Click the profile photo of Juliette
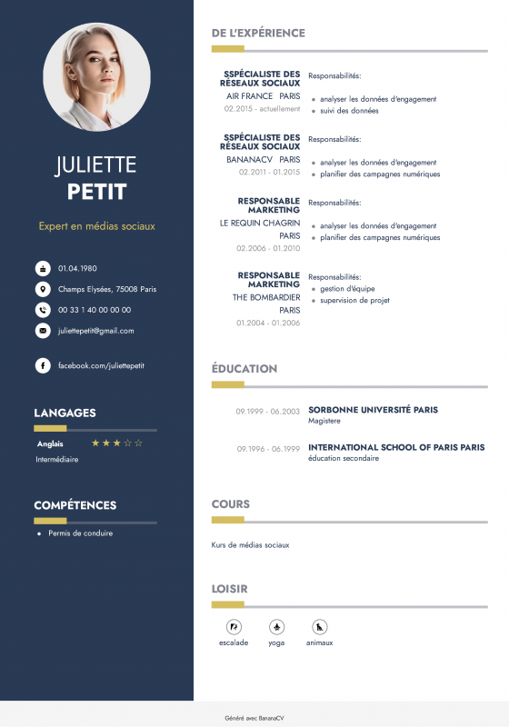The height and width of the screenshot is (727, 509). coord(96,77)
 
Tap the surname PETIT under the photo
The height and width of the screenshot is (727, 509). coord(96,192)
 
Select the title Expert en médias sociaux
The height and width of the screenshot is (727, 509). coord(96,225)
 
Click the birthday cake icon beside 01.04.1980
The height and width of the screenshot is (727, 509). coord(43,268)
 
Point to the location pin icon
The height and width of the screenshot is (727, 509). coord(43,289)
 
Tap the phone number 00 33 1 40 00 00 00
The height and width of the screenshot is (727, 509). coord(95,310)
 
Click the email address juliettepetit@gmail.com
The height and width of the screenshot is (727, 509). coord(95,331)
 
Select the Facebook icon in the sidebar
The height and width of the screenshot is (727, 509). coord(43,365)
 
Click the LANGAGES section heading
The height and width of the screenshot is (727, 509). coord(65,413)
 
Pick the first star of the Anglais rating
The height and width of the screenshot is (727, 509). coord(95,443)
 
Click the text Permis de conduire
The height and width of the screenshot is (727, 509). coord(81,533)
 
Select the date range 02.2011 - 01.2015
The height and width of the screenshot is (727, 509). coord(269,172)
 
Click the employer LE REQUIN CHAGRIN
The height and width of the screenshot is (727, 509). coord(260,223)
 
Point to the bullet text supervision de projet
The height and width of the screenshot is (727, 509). coord(354,300)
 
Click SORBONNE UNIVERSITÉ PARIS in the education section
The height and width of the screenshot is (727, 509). coord(373,410)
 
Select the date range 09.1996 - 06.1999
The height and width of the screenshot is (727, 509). coord(268,449)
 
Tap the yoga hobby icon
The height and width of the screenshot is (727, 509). coord(276,627)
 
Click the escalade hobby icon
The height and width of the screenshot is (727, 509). coord(234,627)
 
